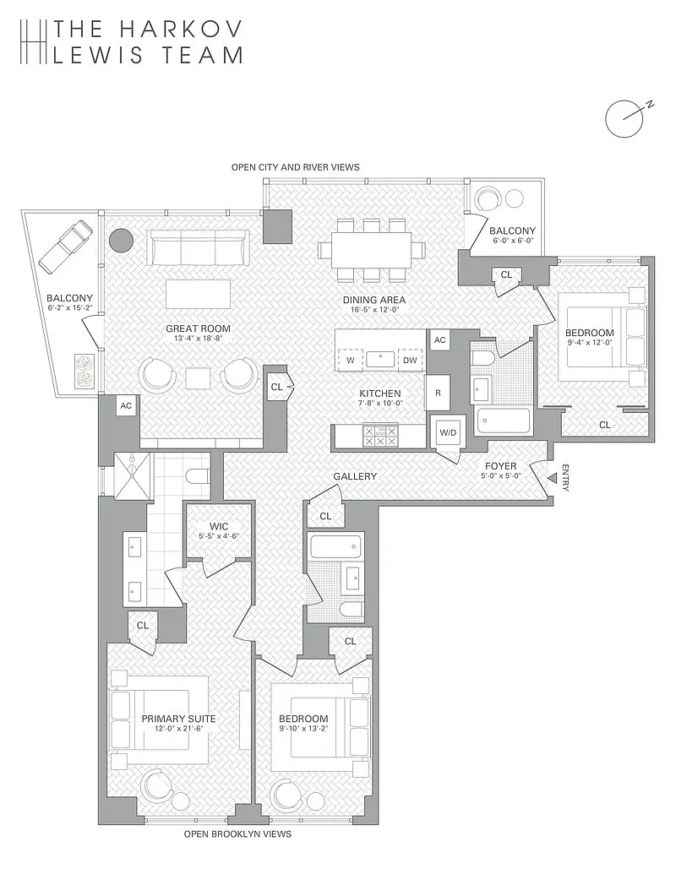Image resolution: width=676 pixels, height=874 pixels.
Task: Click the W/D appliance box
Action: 446,432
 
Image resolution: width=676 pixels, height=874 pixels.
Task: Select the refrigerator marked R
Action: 439,393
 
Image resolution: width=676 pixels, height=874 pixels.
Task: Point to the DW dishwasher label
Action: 409,361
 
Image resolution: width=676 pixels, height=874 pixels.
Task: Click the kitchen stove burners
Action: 379,436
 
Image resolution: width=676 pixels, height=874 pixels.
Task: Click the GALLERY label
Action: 354,476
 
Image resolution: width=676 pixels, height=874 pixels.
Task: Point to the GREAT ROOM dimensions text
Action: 198,339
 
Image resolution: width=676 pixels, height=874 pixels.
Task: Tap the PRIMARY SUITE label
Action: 178,719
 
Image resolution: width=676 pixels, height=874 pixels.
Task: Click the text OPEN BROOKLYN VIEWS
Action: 237,833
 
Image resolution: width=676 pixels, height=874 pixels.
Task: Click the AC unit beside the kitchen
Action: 439,339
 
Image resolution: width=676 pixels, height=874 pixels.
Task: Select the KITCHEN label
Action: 379,394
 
